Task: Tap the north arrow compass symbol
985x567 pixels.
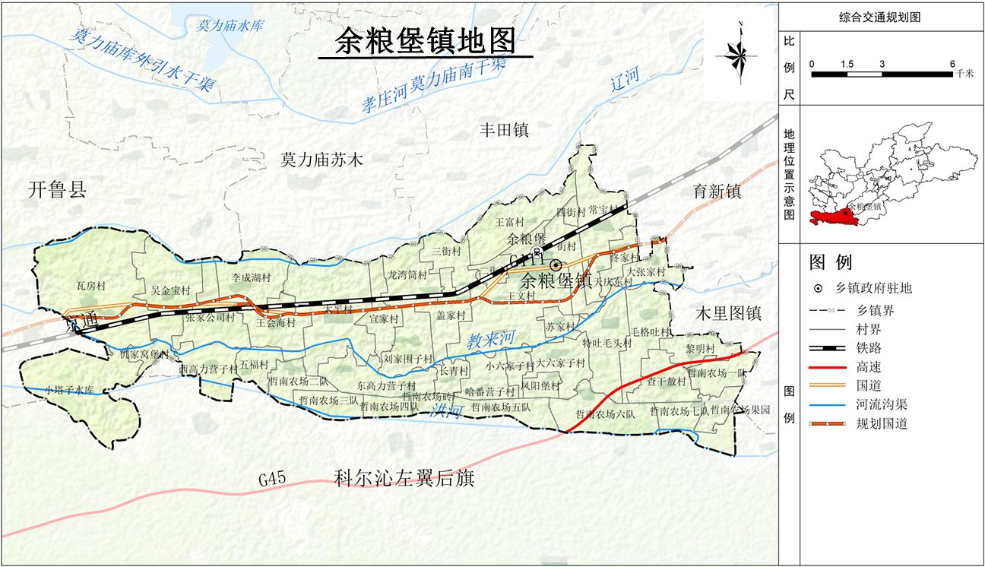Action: pyautogui.click(x=736, y=54)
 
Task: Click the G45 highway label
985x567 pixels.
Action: pyautogui.click(x=271, y=479)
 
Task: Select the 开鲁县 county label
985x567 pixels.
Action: pyautogui.click(x=58, y=189)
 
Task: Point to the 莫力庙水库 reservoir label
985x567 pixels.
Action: pyautogui.click(x=230, y=25)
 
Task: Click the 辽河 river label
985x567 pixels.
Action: pyautogui.click(x=625, y=78)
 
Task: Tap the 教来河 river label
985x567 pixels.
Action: pyautogui.click(x=492, y=338)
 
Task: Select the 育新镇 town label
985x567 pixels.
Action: pyautogui.click(x=716, y=192)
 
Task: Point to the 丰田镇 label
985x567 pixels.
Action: pyautogui.click(x=502, y=130)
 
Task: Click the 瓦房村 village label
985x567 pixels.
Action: pyautogui.click(x=90, y=286)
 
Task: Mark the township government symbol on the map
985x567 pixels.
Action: pyautogui.click(x=556, y=265)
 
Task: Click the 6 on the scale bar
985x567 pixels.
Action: pyautogui.click(x=952, y=64)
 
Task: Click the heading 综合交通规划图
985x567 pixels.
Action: pyautogui.click(x=880, y=17)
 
